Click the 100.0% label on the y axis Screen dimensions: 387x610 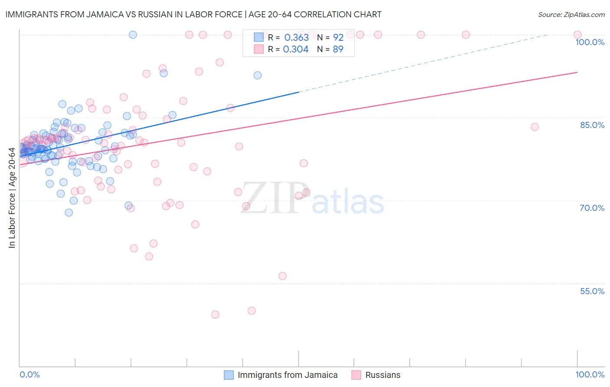click(590, 42)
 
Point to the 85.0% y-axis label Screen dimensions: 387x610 click(592, 125)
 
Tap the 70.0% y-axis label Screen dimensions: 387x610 click(592, 208)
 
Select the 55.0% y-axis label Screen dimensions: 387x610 click(592, 291)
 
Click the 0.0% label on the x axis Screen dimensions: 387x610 click(30, 374)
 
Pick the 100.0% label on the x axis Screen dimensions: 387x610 click(590, 374)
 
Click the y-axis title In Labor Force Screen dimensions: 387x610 click(12, 198)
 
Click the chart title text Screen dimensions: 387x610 click(193, 14)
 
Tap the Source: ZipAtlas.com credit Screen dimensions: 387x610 click(571, 14)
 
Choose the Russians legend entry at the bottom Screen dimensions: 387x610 click(383, 375)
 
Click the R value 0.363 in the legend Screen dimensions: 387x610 click(296, 37)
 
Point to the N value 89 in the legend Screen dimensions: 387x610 click(338, 49)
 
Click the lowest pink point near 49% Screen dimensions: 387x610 click(215, 315)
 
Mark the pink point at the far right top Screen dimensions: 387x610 click(577, 35)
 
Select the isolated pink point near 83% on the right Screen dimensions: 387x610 click(535, 127)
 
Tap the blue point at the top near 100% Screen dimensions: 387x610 click(133, 35)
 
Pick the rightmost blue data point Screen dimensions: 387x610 click(257, 75)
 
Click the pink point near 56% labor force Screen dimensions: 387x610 click(282, 276)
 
